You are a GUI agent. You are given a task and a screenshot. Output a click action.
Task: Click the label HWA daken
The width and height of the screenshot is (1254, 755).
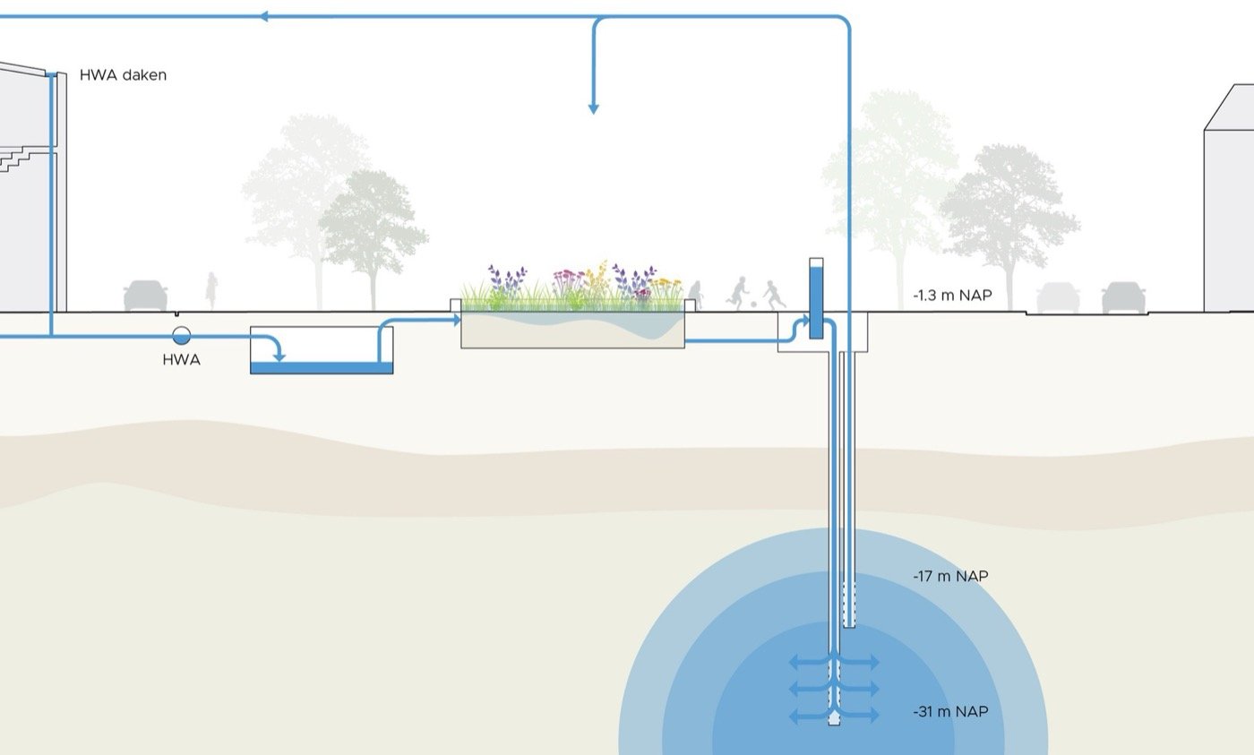pyautogui.click(x=123, y=76)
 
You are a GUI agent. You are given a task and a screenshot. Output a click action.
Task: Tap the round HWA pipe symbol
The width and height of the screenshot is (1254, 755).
pyautogui.click(x=181, y=336)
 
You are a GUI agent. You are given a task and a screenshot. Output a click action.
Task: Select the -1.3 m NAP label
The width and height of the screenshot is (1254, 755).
pyautogui.click(x=952, y=295)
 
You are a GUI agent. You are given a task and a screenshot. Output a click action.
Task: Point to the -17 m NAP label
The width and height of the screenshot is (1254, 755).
pyautogui.click(x=950, y=576)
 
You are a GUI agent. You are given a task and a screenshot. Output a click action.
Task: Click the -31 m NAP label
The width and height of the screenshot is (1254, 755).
pyautogui.click(x=950, y=712)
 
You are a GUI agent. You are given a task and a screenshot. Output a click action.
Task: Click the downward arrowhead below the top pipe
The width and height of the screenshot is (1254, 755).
pyautogui.click(x=593, y=108)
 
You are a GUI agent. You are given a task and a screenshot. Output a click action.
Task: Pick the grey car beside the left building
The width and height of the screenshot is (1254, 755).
pyautogui.click(x=145, y=296)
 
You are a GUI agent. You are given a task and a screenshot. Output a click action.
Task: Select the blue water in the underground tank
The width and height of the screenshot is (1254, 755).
pyautogui.click(x=321, y=367)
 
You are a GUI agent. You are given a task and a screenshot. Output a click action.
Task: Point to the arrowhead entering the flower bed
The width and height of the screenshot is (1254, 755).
pyautogui.click(x=457, y=320)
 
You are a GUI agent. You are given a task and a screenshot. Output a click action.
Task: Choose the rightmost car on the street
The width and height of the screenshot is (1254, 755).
pyautogui.click(x=1124, y=297)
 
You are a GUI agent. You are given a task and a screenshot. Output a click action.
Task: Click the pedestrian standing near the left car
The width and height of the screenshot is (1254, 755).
pyautogui.click(x=212, y=291)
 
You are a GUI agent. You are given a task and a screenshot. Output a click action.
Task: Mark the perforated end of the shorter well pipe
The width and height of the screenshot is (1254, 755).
pyautogui.click(x=849, y=605)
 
